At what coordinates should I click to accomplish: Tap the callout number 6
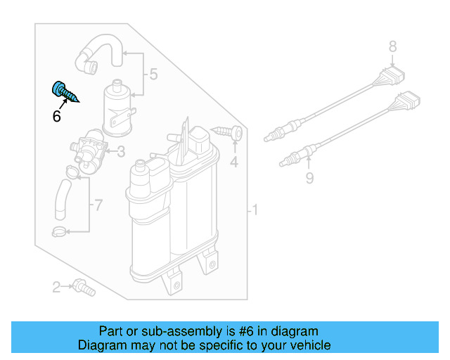coord(56,117)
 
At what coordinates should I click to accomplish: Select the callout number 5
coord(153,74)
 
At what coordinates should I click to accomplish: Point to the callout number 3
coord(121,151)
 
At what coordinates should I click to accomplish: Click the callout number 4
coord(234,163)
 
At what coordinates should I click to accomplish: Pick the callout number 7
coord(98,205)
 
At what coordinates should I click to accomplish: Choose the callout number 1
coord(256,210)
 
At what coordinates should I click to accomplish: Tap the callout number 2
coord(56,286)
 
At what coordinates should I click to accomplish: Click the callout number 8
coord(392,47)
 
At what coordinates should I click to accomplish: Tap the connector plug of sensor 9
coord(409,103)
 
